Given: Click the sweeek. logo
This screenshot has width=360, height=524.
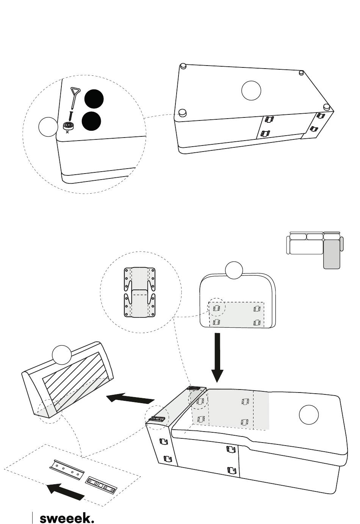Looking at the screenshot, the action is click(x=67, y=516).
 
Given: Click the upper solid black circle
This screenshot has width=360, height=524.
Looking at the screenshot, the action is click(x=94, y=99).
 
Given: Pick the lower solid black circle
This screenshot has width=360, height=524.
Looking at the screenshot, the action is click(x=91, y=121).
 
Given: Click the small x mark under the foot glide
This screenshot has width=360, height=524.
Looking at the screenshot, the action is click(x=67, y=132).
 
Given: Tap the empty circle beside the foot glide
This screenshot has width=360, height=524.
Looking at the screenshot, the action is click(x=48, y=127).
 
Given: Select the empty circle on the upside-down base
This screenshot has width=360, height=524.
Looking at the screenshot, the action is click(x=251, y=91).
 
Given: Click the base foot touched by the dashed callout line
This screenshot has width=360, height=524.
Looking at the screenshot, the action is click(x=182, y=113).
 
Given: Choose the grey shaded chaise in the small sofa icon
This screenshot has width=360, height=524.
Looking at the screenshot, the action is click(x=332, y=254).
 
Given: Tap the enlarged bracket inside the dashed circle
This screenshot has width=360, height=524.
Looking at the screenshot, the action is click(x=140, y=293).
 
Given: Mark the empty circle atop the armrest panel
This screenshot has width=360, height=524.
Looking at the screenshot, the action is click(x=234, y=270).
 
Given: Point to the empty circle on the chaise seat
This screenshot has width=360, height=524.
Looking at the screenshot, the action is click(x=309, y=415).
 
